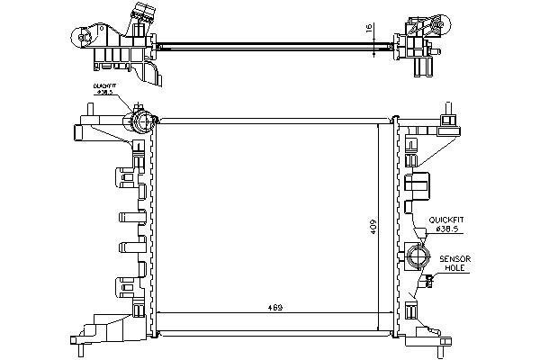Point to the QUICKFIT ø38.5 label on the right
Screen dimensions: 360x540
(x=446, y=225)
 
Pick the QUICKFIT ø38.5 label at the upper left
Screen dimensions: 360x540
(x=104, y=90)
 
